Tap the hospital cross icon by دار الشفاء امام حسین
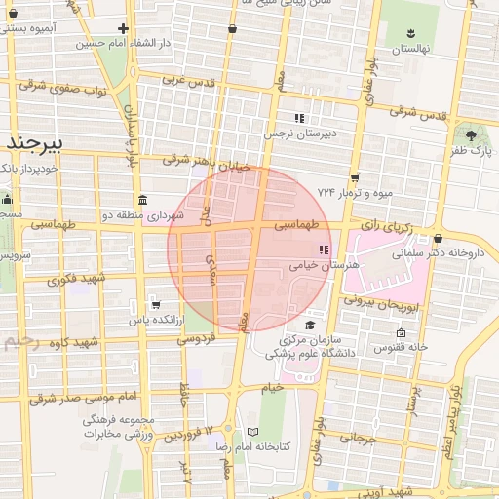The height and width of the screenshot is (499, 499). pyautogui.click(x=123, y=29)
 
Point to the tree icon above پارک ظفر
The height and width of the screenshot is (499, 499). pyautogui.click(x=472, y=135)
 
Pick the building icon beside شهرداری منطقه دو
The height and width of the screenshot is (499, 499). pyautogui.click(x=143, y=200)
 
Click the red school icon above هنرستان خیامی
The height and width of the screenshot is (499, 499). pyautogui.click(x=310, y=249)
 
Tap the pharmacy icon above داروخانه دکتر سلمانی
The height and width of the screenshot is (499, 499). pyautogui.click(x=439, y=239)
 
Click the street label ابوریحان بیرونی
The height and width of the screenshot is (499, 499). pyautogui.click(x=388, y=304)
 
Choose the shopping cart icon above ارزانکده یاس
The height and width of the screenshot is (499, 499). pyautogui.click(x=155, y=305)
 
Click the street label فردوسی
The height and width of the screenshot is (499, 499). pyautogui.click(x=196, y=338)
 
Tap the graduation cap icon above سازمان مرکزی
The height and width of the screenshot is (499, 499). pyautogui.click(x=310, y=326)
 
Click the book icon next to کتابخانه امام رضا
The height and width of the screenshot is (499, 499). pyautogui.click(x=253, y=432)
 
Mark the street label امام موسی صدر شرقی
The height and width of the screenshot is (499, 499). pyautogui.click(x=72, y=397)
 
